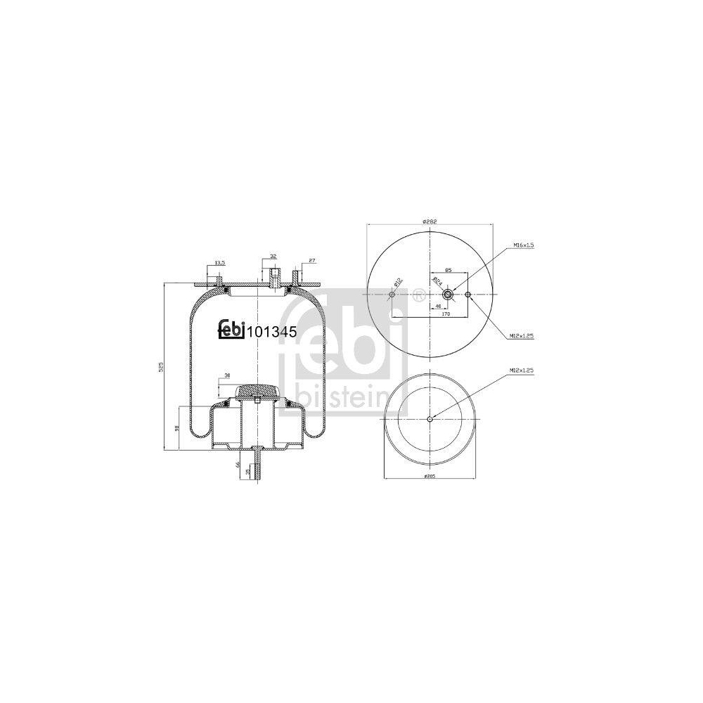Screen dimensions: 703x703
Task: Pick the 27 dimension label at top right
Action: coord(311,261)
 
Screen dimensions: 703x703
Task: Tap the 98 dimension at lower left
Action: coord(177,427)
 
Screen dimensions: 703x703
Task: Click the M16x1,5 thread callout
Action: coord(524,245)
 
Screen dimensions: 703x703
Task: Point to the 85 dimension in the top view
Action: coord(448,269)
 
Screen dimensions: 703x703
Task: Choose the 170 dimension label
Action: coord(446,316)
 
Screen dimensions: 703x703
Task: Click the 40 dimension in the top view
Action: coord(438,307)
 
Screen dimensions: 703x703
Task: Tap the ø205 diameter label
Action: coord(429,477)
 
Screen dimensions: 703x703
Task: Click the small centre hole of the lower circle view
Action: coord(430,420)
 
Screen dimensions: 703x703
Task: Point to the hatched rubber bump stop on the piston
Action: coord(258,389)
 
